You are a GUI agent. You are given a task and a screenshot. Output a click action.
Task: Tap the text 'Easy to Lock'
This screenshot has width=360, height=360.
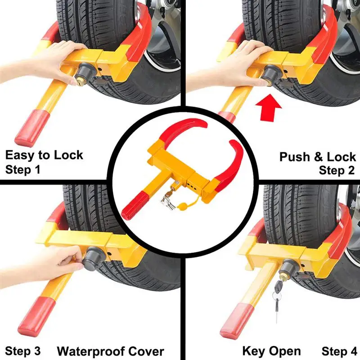[x=44, y=156]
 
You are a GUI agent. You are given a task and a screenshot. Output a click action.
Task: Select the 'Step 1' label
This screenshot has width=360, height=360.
[x=22, y=170]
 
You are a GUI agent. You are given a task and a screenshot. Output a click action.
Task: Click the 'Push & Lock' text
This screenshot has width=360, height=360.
[x=318, y=157]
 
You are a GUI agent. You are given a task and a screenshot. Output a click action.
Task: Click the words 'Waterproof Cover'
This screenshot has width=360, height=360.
[x=110, y=351]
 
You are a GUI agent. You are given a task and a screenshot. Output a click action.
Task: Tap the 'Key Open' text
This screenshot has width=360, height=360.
[x=272, y=351]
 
